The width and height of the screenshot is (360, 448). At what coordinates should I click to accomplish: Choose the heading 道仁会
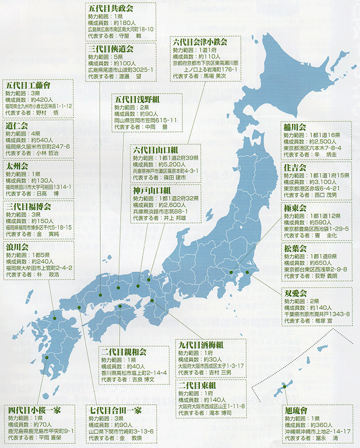point(17,126)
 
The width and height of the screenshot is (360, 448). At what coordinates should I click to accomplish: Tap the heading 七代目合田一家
point(115,410)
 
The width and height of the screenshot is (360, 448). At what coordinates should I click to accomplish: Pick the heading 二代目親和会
point(124,352)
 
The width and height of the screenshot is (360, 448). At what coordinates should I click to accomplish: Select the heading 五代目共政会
point(111,8)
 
